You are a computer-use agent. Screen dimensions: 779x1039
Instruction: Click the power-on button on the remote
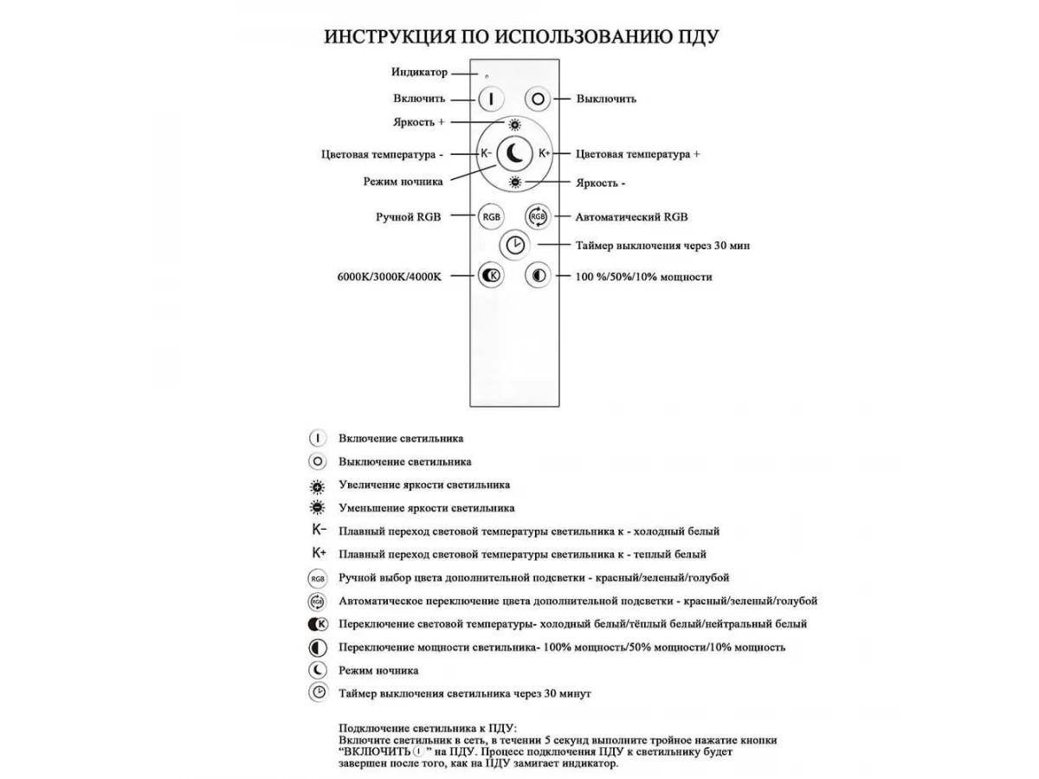click(x=491, y=99)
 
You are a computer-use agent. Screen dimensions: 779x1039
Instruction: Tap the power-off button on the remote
click(x=539, y=99)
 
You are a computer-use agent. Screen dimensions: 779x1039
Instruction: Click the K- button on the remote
click(x=487, y=153)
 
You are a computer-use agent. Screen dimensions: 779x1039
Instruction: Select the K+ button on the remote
click(x=545, y=153)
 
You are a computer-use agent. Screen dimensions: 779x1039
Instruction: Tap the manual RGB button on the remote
click(x=491, y=216)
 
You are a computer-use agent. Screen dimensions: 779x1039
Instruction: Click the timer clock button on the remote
click(x=515, y=245)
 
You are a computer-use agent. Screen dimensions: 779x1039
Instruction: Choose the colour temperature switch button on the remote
click(x=491, y=276)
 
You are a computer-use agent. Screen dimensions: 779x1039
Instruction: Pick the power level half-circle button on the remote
click(x=539, y=276)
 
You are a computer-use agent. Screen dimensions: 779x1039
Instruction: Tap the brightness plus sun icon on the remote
click(x=515, y=124)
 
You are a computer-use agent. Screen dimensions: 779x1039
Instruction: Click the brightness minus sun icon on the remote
click(x=515, y=182)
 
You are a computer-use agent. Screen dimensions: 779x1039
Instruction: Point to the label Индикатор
click(x=419, y=73)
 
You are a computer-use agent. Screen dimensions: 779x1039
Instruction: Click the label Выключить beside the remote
click(x=606, y=99)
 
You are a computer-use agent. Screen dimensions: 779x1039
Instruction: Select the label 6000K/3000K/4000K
click(x=390, y=277)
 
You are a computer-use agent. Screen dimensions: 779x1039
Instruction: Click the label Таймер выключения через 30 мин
click(x=662, y=246)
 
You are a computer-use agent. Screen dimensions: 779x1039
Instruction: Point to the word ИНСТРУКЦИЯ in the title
click(x=386, y=37)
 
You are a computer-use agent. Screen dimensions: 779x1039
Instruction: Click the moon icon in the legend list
click(x=318, y=670)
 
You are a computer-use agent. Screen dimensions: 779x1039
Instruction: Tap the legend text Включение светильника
click(x=400, y=439)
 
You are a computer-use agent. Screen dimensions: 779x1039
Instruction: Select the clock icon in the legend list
click(x=318, y=692)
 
